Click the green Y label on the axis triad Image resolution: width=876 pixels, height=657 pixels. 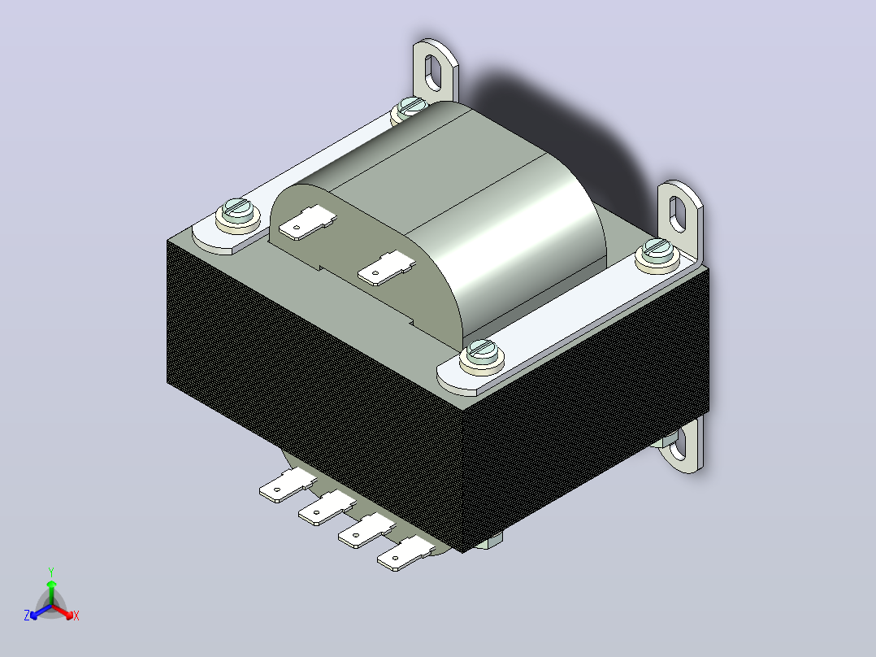[x=51, y=572]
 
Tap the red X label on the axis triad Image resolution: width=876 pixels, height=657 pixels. [x=76, y=616]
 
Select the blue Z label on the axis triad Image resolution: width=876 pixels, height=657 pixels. [x=27, y=615]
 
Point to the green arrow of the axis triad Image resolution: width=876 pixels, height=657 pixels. [x=51, y=592]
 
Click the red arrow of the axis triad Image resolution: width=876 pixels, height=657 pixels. [x=63, y=611]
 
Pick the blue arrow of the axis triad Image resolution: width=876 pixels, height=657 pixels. [x=41, y=611]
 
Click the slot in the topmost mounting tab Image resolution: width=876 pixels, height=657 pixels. [x=434, y=72]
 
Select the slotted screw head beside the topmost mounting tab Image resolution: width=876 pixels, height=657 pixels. [x=410, y=107]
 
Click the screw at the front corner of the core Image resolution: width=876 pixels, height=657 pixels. [x=482, y=355]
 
